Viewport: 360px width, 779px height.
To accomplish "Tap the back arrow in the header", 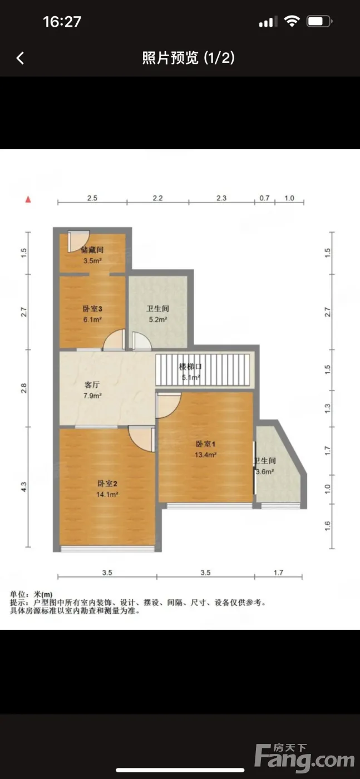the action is (x=20, y=58).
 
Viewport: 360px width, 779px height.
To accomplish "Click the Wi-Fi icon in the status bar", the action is (x=292, y=22).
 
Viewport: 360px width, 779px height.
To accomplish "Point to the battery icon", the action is (x=319, y=22).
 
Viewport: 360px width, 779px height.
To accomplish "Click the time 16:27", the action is (x=62, y=22).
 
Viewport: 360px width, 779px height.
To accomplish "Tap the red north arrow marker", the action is (x=28, y=199).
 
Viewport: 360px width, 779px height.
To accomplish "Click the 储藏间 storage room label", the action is (x=92, y=250).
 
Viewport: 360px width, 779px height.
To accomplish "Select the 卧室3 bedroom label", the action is (x=92, y=308).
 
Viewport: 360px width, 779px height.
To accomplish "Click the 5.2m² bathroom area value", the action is (x=158, y=319).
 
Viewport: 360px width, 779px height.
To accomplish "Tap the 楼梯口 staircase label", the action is (x=190, y=366).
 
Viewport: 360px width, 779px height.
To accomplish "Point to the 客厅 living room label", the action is (x=92, y=384).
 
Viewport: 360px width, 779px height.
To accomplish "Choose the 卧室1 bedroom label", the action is (x=205, y=444).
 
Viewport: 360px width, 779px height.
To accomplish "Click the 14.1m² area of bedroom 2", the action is (x=107, y=494).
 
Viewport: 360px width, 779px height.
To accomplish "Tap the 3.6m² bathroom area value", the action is (x=265, y=472).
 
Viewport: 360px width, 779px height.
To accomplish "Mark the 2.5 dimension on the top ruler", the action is (x=92, y=198).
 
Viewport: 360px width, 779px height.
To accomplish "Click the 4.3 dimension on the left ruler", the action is (x=24, y=487).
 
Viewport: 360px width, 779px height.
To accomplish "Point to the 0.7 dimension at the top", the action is (x=264, y=198).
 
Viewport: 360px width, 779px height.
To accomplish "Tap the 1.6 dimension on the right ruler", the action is (x=327, y=526).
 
